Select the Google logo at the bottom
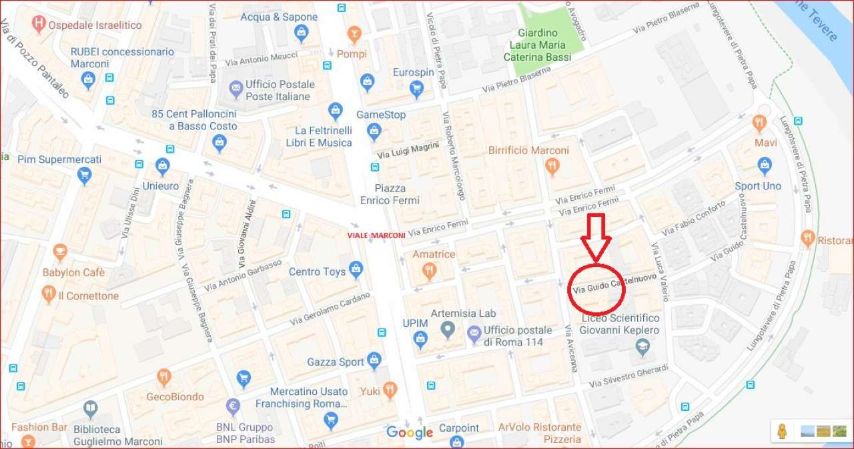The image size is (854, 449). tap(410, 432)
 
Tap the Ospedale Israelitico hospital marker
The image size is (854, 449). tap(39, 25)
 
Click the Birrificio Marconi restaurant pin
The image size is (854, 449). tap(552, 166)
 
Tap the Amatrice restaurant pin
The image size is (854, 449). tap(430, 270)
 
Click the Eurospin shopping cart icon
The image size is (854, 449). tap(416, 88)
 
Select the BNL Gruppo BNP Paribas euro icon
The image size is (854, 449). tap(234, 406)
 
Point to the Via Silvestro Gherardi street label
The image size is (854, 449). tap(628, 376)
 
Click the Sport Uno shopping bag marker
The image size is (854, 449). tap(765, 165)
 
